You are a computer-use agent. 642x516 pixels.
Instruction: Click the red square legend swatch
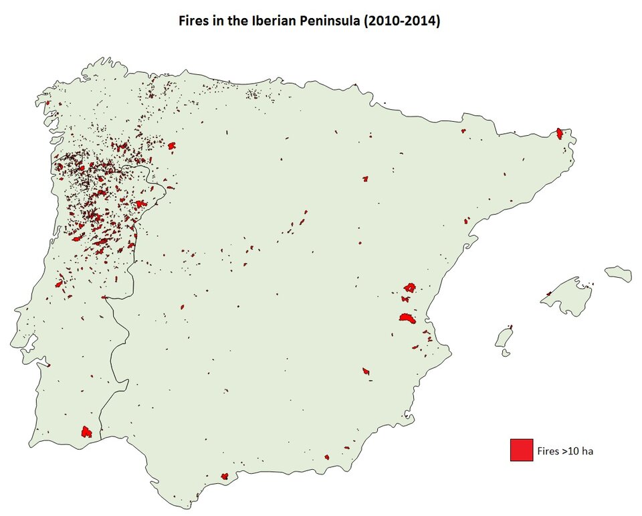[x=521, y=450]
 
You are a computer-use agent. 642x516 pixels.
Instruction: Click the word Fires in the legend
[x=548, y=450]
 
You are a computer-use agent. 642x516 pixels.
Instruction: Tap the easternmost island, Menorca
[x=619, y=273]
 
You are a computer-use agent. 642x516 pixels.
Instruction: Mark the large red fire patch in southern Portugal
[x=86, y=432]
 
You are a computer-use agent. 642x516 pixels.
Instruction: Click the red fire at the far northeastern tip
[x=559, y=133]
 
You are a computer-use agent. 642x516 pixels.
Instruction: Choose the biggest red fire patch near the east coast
[x=407, y=319]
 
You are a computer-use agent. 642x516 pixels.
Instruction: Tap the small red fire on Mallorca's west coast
[x=548, y=293]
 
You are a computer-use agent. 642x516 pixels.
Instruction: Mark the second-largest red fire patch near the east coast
[x=409, y=287]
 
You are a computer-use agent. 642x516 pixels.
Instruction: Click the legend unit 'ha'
[x=587, y=450]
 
